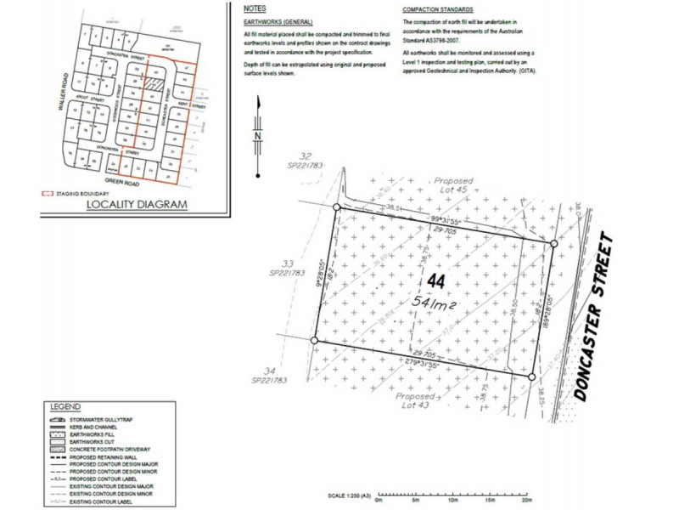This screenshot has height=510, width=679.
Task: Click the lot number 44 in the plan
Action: (436, 280)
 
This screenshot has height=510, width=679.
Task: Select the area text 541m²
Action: (435, 302)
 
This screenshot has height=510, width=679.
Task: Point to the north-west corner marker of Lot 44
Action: (337, 207)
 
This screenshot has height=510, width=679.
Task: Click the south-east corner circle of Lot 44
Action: (532, 377)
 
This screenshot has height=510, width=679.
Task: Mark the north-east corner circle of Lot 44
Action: (554, 244)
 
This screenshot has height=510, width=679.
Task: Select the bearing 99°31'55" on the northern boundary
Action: (451, 221)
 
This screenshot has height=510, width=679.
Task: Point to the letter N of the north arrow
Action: (256, 136)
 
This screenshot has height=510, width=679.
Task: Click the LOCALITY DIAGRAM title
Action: (135, 204)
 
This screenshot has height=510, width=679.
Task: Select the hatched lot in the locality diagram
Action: (150, 83)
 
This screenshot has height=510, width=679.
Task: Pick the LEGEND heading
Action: (65, 407)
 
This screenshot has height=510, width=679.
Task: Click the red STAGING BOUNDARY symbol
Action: (48, 194)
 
